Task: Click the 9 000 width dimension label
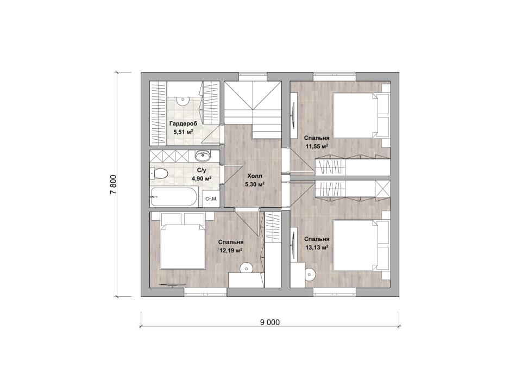click(269, 322)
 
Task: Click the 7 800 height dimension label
click(114, 185)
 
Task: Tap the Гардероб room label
click(183, 124)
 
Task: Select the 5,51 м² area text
click(183, 132)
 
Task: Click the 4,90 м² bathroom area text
click(202, 178)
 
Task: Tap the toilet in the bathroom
click(159, 173)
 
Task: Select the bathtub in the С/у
click(174, 197)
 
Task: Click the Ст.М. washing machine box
click(211, 198)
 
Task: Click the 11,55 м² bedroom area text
click(317, 146)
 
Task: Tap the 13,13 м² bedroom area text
click(317, 247)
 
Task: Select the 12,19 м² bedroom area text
click(231, 250)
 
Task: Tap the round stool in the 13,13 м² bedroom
click(310, 273)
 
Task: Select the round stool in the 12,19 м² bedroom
click(245, 268)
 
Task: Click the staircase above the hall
click(253, 109)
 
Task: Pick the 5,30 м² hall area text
click(255, 184)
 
